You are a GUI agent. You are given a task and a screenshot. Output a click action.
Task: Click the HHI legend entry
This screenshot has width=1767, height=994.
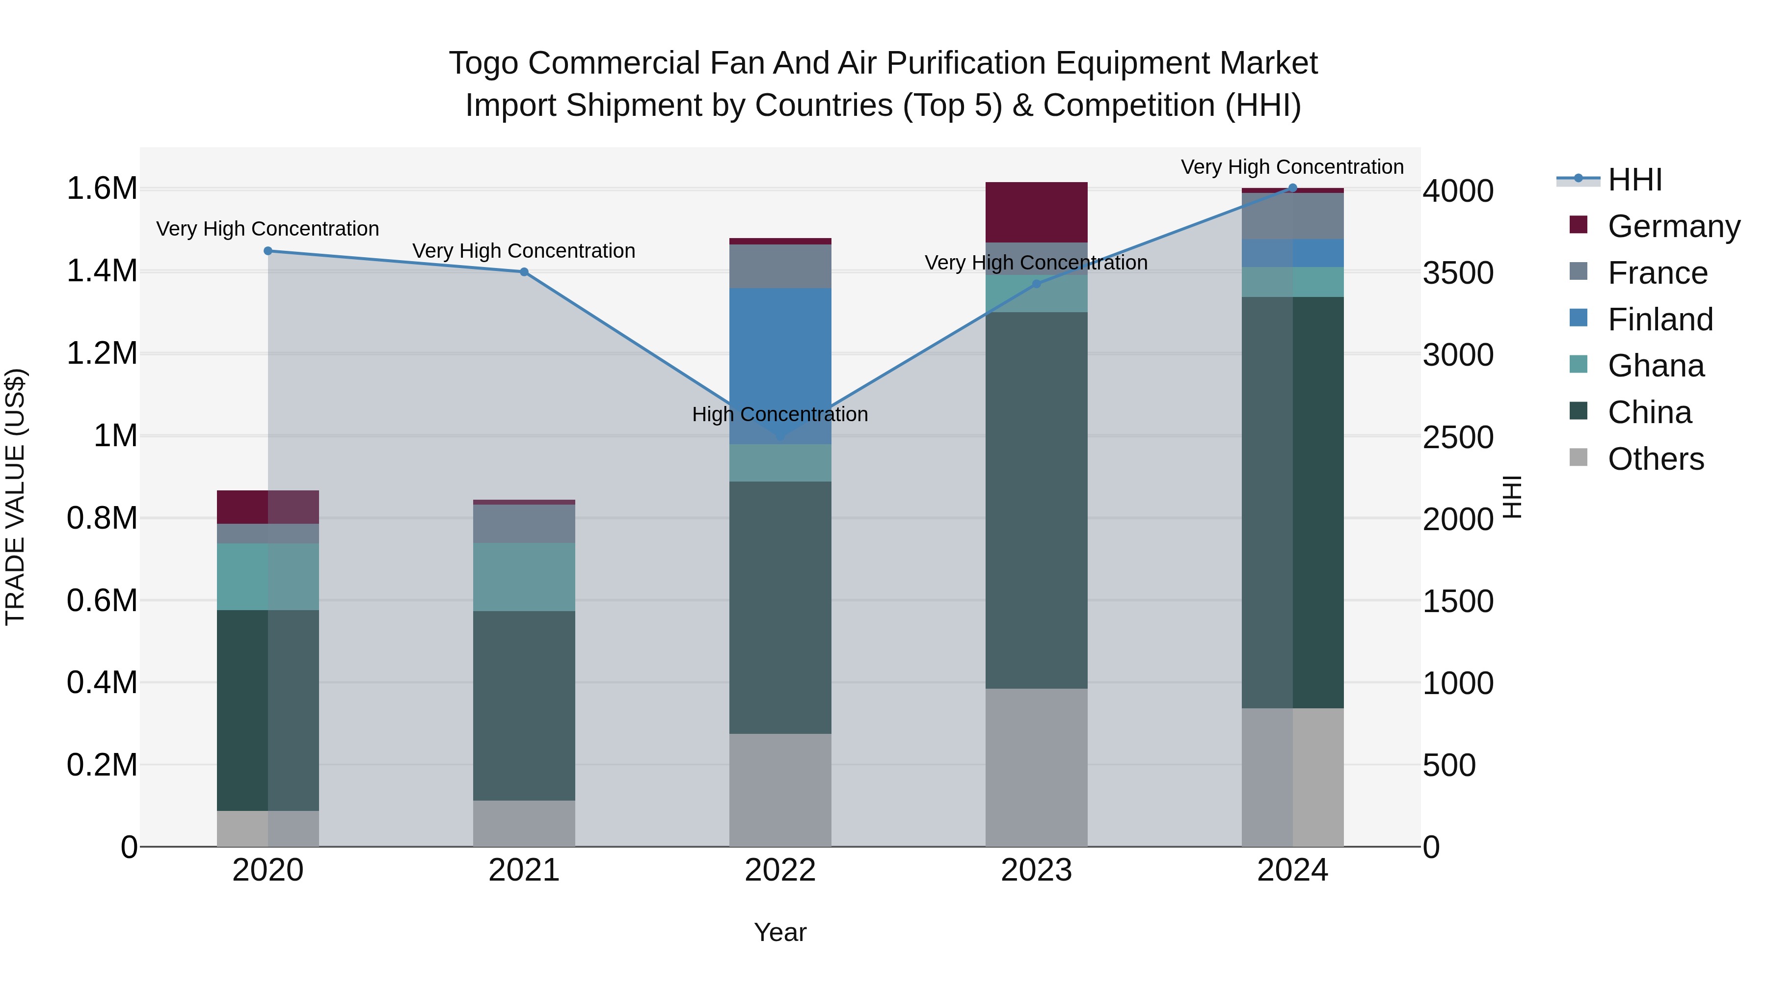point(1634,180)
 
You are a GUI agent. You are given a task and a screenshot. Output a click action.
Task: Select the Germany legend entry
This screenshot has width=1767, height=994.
point(1673,226)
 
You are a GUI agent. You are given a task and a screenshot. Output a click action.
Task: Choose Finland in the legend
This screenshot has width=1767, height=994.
point(1660,320)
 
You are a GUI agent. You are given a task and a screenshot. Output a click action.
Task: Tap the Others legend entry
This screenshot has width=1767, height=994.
point(1655,459)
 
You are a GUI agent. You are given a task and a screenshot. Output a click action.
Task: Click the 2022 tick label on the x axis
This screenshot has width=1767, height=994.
point(780,870)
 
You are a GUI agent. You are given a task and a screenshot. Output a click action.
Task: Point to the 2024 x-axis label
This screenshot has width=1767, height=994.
point(1292,870)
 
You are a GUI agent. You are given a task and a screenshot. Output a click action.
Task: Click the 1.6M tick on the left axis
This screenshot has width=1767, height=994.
point(102,188)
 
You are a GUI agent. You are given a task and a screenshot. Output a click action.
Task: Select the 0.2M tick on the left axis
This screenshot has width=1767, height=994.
point(102,765)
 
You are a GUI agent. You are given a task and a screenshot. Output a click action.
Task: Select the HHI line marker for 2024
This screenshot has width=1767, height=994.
point(1292,188)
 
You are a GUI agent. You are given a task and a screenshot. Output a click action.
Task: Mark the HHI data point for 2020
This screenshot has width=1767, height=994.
point(268,251)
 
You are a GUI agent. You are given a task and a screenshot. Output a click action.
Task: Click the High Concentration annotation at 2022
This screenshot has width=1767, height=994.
point(780,414)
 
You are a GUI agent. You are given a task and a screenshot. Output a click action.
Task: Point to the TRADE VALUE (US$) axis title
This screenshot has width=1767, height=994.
point(15,497)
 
